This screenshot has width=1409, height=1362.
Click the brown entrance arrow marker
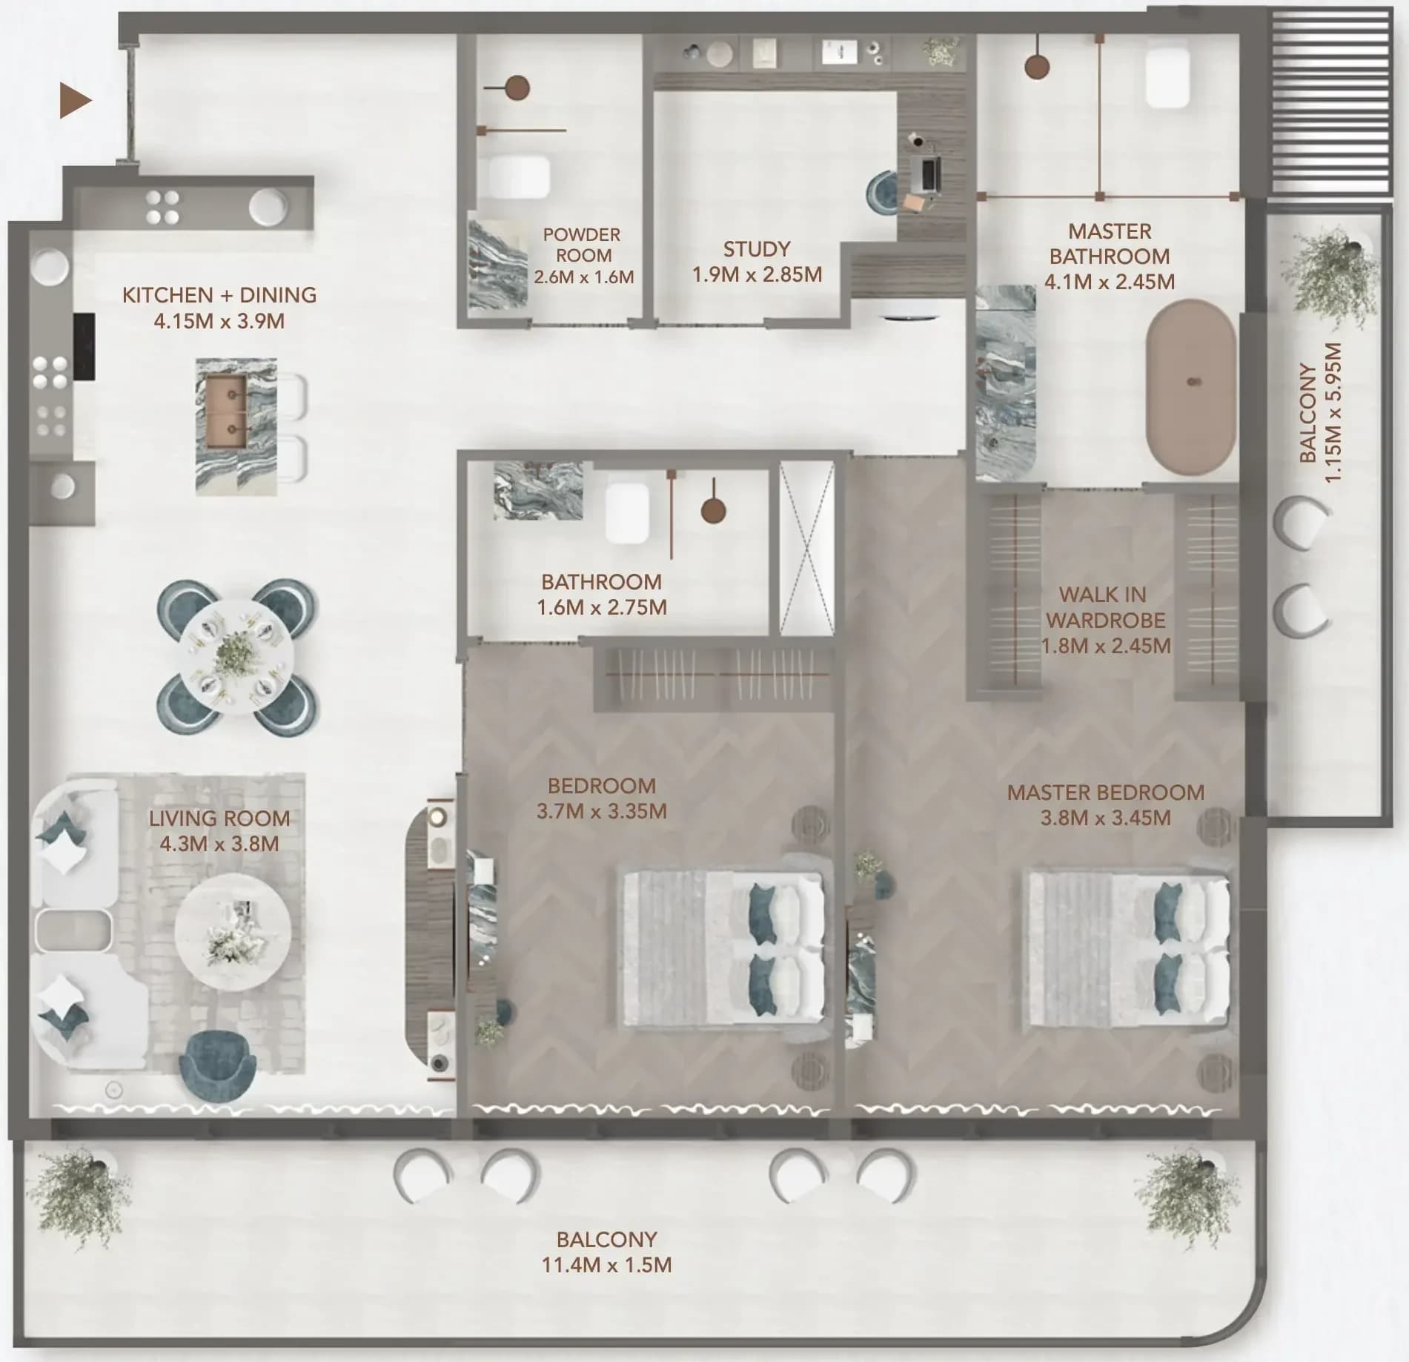click(75, 100)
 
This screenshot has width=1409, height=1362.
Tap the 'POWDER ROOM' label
click(583, 245)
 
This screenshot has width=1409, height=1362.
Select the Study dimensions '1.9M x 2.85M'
click(757, 274)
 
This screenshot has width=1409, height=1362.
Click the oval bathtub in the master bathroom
click(1191, 386)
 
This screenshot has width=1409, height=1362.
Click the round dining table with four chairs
click(237, 657)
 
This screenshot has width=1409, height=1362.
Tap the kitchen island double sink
click(226, 411)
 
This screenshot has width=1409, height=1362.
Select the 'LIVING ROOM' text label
click(219, 819)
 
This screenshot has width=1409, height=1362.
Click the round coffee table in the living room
click(233, 931)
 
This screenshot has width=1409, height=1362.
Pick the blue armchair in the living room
click(219, 1066)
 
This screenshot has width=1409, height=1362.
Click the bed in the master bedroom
click(1126, 950)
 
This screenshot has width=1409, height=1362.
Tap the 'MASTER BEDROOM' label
click(1105, 793)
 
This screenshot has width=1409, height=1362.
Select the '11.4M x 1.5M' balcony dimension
click(606, 1264)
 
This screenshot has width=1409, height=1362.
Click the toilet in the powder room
click(519, 176)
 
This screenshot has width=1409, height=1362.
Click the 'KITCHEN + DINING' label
click(219, 295)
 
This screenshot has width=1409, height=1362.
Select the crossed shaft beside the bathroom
click(807, 549)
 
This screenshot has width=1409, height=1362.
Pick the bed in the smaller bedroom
click(723, 950)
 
